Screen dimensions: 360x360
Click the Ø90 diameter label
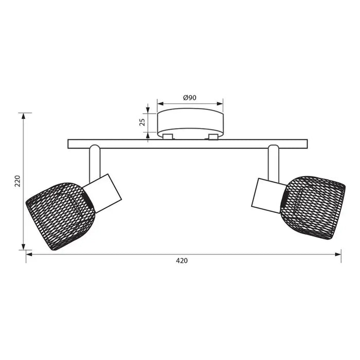pos(190,98)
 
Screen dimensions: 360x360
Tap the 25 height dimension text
pos(142,122)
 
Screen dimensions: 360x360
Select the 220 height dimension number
pos(17,181)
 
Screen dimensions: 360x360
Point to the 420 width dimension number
pos(182,261)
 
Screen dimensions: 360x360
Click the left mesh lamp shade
pos(60,216)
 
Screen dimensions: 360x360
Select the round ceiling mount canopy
pos(190,123)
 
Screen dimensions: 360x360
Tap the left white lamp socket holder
pos(102,193)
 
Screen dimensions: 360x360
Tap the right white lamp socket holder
pos(268,195)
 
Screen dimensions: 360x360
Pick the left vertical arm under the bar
pos(95,164)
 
